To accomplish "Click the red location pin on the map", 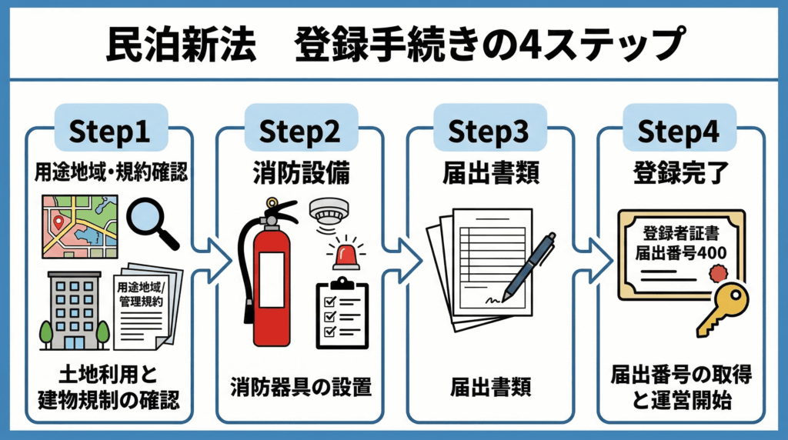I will click(x=58, y=224).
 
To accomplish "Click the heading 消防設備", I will click(x=302, y=173).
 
